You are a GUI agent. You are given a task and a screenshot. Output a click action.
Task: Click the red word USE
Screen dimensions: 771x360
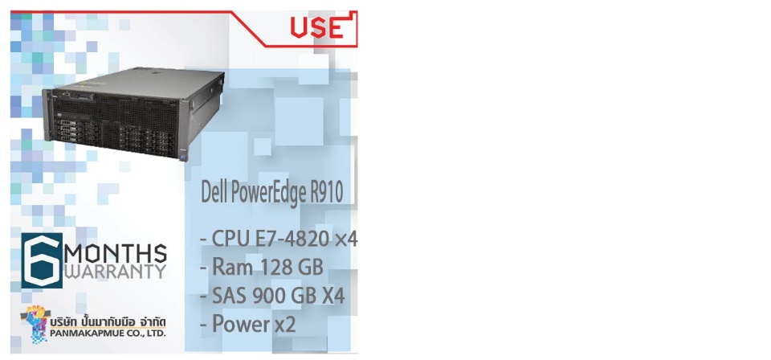pos(316,28)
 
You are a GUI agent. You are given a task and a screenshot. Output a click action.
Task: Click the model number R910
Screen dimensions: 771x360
pos(326,193)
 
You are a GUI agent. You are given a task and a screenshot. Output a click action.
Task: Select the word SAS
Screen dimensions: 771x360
pos(230,296)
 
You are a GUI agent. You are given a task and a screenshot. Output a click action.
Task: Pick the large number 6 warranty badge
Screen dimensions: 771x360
pos(42,260)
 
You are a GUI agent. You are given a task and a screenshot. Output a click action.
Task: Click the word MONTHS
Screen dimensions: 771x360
pos(116,254)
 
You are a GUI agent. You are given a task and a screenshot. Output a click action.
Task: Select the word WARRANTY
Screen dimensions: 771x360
pos(116,272)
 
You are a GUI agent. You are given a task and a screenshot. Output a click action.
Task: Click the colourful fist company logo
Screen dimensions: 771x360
pos(35,322)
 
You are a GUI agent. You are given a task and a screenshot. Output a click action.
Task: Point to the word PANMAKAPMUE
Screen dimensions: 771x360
pos(86,333)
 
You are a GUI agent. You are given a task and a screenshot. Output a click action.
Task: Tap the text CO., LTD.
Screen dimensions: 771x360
pos(145,333)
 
